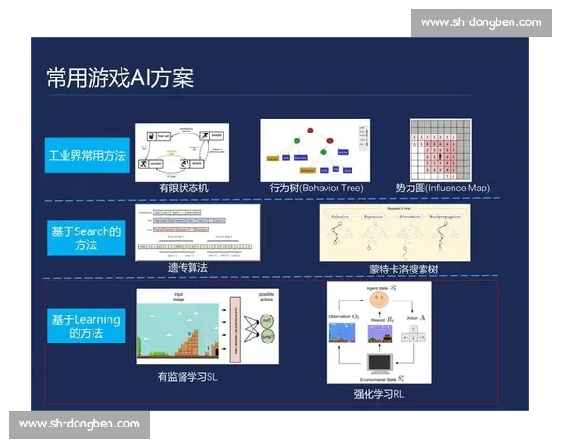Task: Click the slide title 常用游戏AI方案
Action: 120,77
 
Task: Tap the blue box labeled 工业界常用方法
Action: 87,155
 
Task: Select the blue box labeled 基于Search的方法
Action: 86,238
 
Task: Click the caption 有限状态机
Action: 183,187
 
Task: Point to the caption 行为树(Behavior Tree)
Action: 316,188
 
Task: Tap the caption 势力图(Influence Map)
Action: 442,188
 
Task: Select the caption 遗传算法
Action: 187,267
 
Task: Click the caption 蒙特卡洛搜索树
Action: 403,269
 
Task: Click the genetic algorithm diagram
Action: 197,232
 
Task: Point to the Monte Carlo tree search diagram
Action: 395,232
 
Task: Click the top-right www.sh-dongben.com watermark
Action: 481,22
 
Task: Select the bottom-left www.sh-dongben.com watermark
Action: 79,425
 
